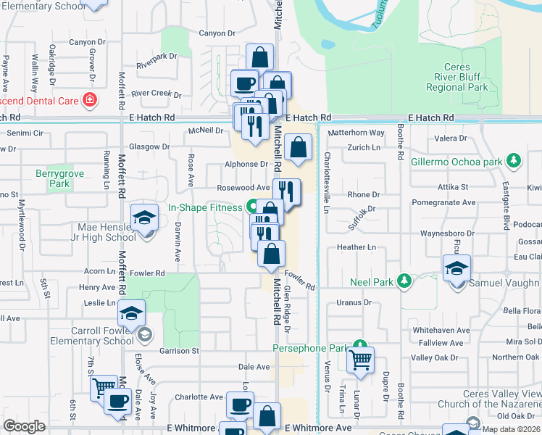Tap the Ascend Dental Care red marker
[x=90, y=100]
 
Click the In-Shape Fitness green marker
[x=250, y=207]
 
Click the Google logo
[x=24, y=426]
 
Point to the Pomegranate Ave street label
[x=443, y=204]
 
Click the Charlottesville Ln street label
[x=327, y=182]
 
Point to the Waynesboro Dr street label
[x=447, y=233]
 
